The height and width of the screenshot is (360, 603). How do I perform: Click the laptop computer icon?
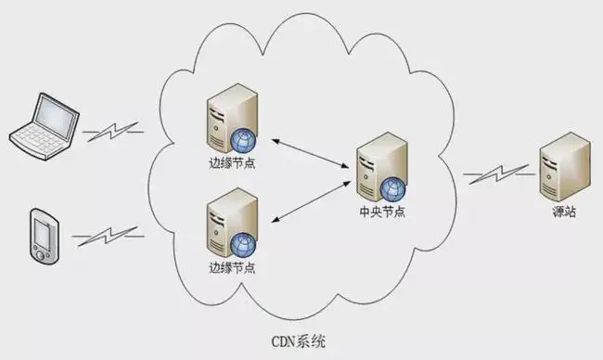coord(41,123)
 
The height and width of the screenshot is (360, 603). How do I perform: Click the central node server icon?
coord(380,168)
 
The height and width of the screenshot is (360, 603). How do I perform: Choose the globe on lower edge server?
coord(244,243)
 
